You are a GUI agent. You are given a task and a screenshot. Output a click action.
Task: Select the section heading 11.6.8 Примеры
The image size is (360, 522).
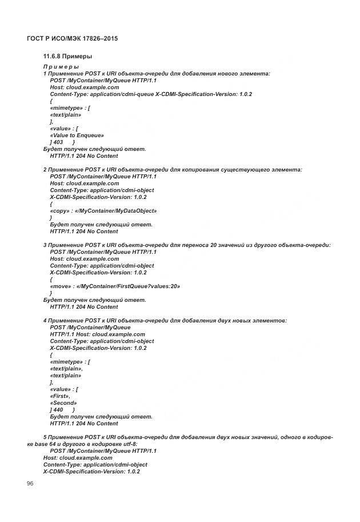[x=67, y=57]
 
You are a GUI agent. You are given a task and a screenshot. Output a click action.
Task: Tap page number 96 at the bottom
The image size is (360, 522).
[x=30, y=484]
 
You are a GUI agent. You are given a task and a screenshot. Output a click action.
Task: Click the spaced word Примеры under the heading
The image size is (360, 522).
[x=61, y=67]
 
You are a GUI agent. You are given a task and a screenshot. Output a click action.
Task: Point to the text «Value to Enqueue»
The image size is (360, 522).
[x=77, y=136]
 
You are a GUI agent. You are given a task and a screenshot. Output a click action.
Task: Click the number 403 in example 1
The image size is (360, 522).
[x=59, y=142]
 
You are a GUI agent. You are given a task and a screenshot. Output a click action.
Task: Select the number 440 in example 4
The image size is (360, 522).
[x=59, y=410]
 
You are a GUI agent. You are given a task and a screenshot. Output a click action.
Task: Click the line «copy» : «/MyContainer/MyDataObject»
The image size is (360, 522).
[x=103, y=211]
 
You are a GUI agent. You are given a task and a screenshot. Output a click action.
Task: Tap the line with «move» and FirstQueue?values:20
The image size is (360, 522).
[x=115, y=286]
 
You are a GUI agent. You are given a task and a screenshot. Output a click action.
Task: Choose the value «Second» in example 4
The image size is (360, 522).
[x=63, y=403]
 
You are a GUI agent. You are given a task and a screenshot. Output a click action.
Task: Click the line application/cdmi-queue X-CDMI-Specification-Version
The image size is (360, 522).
[x=151, y=94]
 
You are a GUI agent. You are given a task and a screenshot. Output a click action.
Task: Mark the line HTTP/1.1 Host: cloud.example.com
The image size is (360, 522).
[x=98, y=334]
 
